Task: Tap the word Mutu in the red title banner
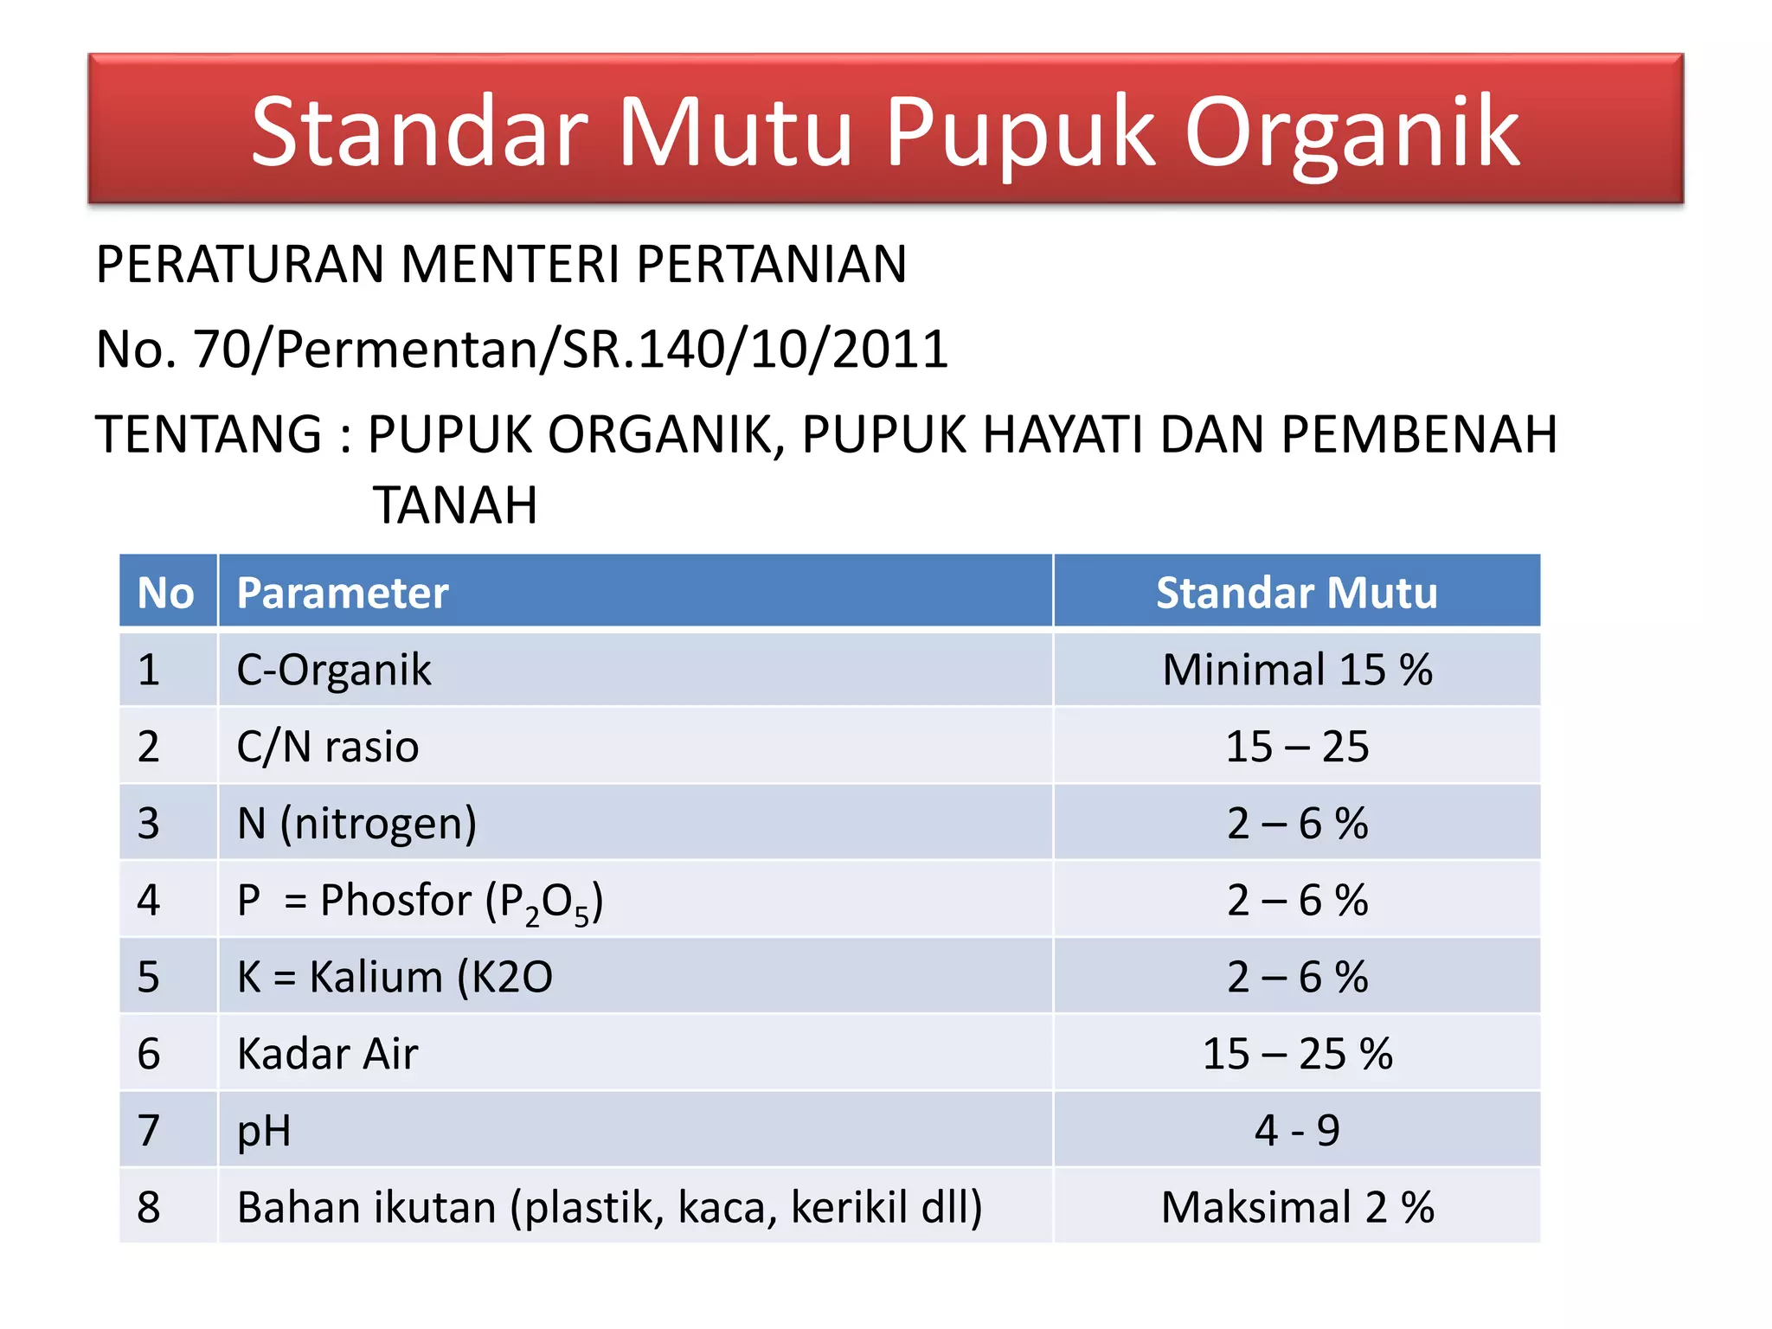tap(735, 132)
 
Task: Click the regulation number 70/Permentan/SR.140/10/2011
tap(570, 350)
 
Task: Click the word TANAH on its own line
tap(455, 505)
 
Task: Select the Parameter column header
tap(343, 594)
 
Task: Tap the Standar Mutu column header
tap(1296, 594)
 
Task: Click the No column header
tap(165, 594)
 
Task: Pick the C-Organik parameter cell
tap(334, 670)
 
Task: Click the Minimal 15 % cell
tap(1296, 670)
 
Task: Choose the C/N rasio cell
tap(328, 747)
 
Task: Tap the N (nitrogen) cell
tap(356, 823)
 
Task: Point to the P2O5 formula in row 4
tap(545, 902)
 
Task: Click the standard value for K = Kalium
tap(1296, 977)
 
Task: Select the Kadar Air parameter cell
tap(328, 1054)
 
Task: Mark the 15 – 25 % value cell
tap(1296, 1054)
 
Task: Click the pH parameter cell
tap(264, 1131)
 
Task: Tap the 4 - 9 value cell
tap(1296, 1131)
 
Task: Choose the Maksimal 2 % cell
tap(1296, 1207)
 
